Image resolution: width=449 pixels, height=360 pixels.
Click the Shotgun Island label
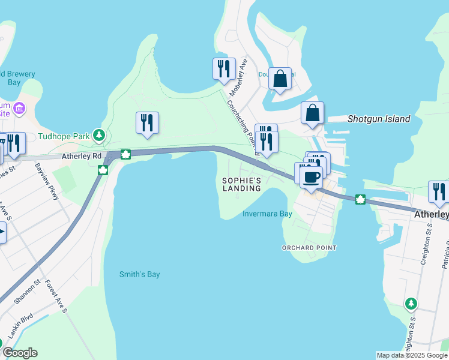click(379, 119)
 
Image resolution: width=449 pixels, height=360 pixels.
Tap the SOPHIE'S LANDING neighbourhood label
click(242, 184)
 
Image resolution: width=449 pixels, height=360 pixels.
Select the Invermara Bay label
click(267, 214)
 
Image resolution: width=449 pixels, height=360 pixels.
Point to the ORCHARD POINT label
click(309, 247)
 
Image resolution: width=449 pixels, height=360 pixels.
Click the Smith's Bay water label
click(140, 274)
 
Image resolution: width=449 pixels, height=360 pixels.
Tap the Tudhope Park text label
click(63, 136)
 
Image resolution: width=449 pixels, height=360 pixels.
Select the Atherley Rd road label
click(81, 156)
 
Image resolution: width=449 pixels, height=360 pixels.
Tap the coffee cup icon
click(310, 177)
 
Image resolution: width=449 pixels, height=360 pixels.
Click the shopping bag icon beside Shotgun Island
click(313, 112)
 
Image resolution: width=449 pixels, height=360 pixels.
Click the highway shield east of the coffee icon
click(360, 199)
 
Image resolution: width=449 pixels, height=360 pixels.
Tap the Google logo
click(19, 353)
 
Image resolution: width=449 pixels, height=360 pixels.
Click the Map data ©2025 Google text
click(411, 355)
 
